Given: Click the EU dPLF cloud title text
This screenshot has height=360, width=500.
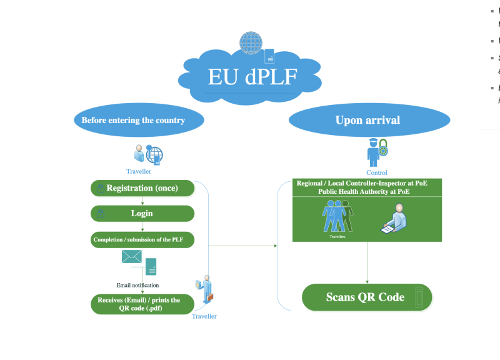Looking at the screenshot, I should tap(252, 77).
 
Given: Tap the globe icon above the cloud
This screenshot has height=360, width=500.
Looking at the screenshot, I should tap(251, 42).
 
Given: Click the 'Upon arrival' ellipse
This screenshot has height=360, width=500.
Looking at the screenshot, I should tap(367, 119).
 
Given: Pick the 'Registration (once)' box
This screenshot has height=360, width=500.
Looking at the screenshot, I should tap(142, 188).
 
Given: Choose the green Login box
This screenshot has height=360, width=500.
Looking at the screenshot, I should tap(142, 214).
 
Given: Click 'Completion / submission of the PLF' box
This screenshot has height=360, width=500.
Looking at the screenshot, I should tap(142, 239).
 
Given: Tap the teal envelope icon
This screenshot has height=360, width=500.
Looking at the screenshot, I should tap(132, 256).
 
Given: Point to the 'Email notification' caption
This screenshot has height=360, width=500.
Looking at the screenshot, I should tap(138, 285).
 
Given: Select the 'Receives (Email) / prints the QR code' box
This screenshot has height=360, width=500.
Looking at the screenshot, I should tap(142, 304).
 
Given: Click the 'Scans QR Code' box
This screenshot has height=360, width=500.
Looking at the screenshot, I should tap(367, 297).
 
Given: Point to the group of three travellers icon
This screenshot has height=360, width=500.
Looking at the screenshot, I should tap(337, 216).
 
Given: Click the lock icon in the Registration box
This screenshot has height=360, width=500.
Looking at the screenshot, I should tap(100, 189).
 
